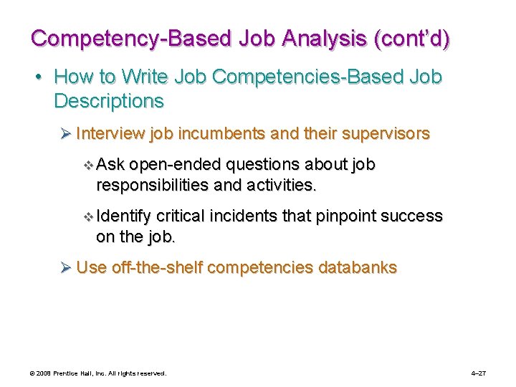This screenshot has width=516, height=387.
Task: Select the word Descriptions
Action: (109, 101)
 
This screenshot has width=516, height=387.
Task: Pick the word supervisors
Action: (387, 133)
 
